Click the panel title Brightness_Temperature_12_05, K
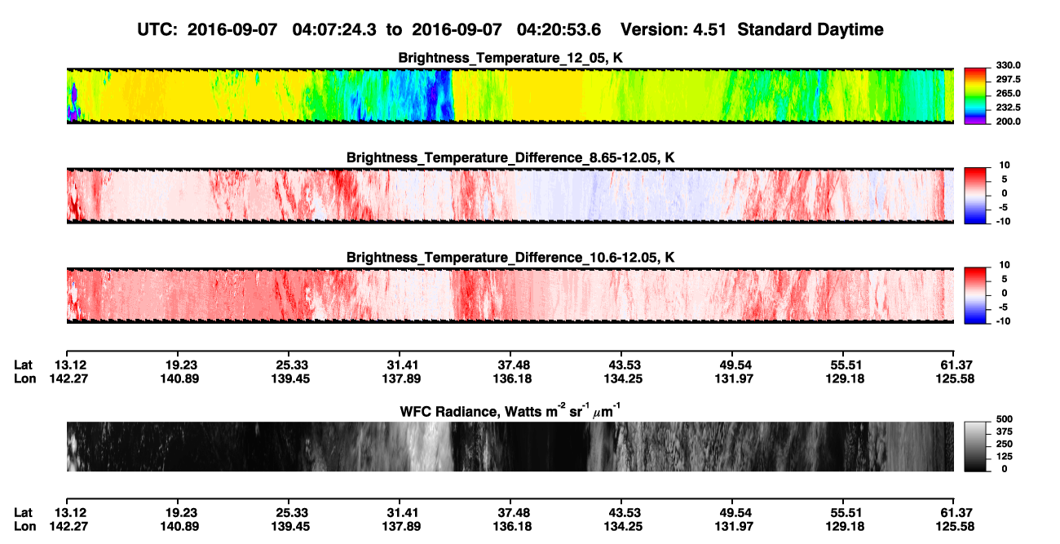click(x=510, y=58)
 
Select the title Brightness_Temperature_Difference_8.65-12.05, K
click(x=510, y=157)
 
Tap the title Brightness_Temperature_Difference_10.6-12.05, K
click(x=510, y=258)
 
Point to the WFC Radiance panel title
click(x=510, y=411)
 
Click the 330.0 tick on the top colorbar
click(x=1008, y=65)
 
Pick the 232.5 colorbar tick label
click(x=1008, y=108)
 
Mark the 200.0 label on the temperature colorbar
click(x=1008, y=122)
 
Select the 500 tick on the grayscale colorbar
click(x=1005, y=419)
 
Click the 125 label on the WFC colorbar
click(x=1005, y=457)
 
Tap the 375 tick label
click(x=1005, y=431)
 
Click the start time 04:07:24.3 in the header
click(x=334, y=30)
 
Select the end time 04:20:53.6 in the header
click(x=559, y=30)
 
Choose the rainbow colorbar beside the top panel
click(x=975, y=96)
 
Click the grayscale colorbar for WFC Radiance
click(x=975, y=446)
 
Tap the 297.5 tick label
click(x=1008, y=80)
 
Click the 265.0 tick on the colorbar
click(x=1008, y=93)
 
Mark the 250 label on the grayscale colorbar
click(x=1005, y=444)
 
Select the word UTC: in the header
click(x=157, y=30)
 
